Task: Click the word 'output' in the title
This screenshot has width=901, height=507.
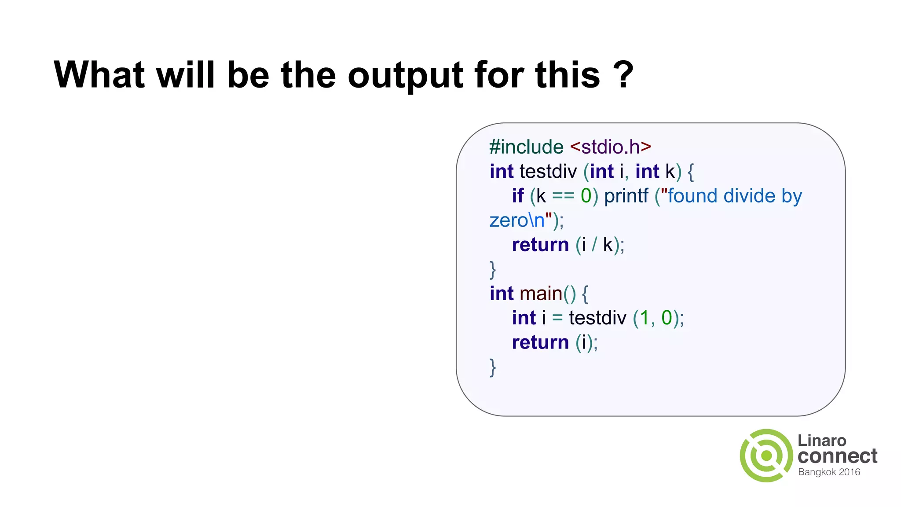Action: tap(406, 76)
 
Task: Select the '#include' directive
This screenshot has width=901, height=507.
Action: tap(526, 147)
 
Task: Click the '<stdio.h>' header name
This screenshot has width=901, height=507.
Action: tap(610, 147)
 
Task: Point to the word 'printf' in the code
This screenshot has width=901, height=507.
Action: tap(626, 196)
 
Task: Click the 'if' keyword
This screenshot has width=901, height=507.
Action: tap(517, 196)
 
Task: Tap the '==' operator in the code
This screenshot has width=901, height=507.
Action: tap(563, 196)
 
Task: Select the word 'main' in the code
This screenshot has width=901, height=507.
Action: tap(541, 294)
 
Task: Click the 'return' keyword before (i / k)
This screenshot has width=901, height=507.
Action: tap(540, 245)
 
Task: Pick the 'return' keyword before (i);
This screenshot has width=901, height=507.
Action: tap(540, 342)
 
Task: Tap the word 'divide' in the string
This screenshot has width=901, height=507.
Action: tap(749, 196)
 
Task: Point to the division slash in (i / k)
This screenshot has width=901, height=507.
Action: tap(594, 245)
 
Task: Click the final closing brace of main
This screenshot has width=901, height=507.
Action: tap(493, 367)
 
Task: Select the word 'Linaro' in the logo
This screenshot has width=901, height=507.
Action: tap(822, 441)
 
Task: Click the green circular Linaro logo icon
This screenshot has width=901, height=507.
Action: tap(766, 456)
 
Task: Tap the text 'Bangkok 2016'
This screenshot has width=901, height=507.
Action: tap(829, 472)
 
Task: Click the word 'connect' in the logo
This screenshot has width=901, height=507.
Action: tap(837, 456)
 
